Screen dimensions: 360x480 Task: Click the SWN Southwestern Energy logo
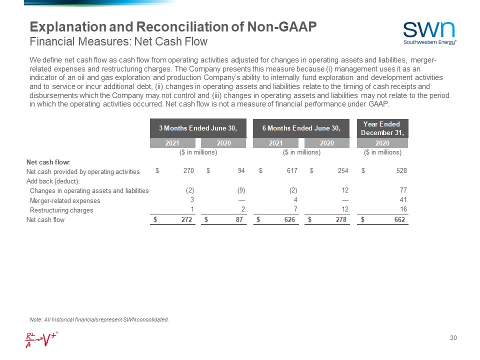(429, 32)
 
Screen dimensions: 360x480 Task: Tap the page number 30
(453, 338)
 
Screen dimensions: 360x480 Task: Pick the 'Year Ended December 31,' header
(382, 128)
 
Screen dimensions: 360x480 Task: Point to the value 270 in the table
(188, 171)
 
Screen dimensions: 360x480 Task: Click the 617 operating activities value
(292, 171)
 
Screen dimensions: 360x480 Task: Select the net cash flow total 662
(399, 219)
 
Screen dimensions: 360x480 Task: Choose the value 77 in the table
(402, 190)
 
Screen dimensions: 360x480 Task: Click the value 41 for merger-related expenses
(402, 200)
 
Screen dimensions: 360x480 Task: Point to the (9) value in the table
(240, 190)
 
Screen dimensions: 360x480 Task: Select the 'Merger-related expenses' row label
(65, 200)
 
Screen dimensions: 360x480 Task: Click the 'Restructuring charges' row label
(61, 210)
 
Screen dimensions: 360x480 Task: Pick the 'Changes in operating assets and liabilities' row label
(89, 190)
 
